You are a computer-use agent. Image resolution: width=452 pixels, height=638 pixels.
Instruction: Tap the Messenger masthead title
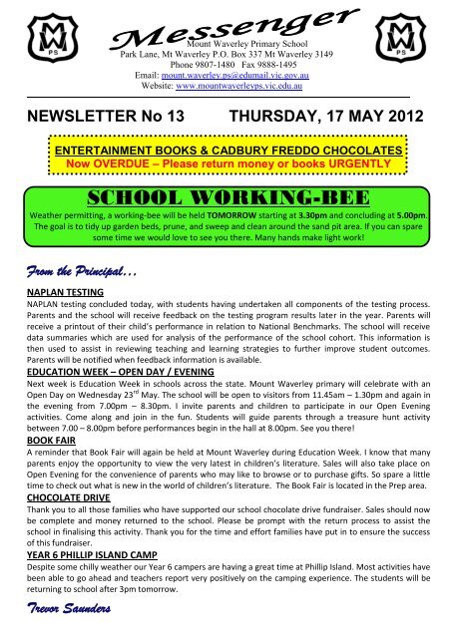coord(226,25)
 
